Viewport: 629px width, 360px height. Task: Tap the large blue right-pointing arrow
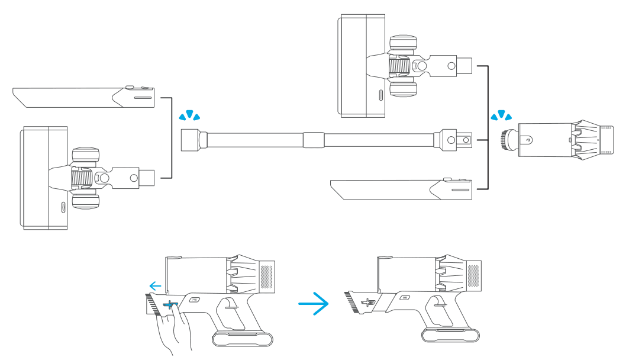[x=313, y=305]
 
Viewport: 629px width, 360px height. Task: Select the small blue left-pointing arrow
[x=156, y=286]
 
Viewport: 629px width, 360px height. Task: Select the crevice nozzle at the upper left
[x=83, y=97]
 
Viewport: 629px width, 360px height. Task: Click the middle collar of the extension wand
[x=313, y=140]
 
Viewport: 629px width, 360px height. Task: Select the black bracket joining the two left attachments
[x=169, y=137]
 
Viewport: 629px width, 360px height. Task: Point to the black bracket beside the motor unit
[x=486, y=127]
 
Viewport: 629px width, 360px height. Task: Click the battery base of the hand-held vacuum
[x=243, y=339]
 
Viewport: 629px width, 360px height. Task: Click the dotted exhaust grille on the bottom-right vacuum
[x=474, y=275]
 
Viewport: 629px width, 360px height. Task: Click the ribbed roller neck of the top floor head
[x=399, y=66]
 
